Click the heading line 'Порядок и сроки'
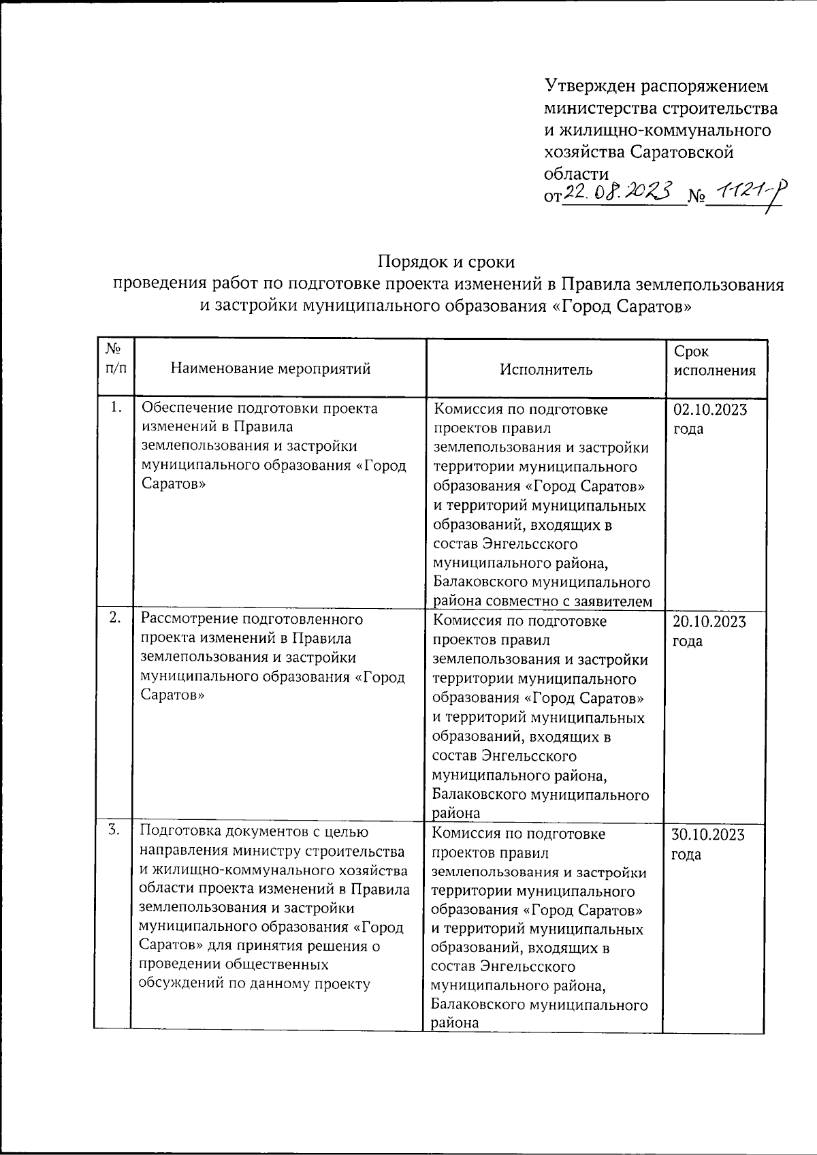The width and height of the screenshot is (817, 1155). coord(446,262)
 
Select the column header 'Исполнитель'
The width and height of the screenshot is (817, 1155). coord(546,369)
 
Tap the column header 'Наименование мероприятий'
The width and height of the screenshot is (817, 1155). coord(270,369)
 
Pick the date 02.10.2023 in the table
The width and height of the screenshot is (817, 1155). coord(709,410)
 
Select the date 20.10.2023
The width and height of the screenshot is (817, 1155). coord(709,622)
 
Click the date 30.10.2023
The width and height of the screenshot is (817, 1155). coord(708,835)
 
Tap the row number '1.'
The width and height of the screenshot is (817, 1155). coord(116,407)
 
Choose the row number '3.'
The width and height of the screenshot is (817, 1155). coord(114,829)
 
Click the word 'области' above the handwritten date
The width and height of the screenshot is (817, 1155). coord(576,173)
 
